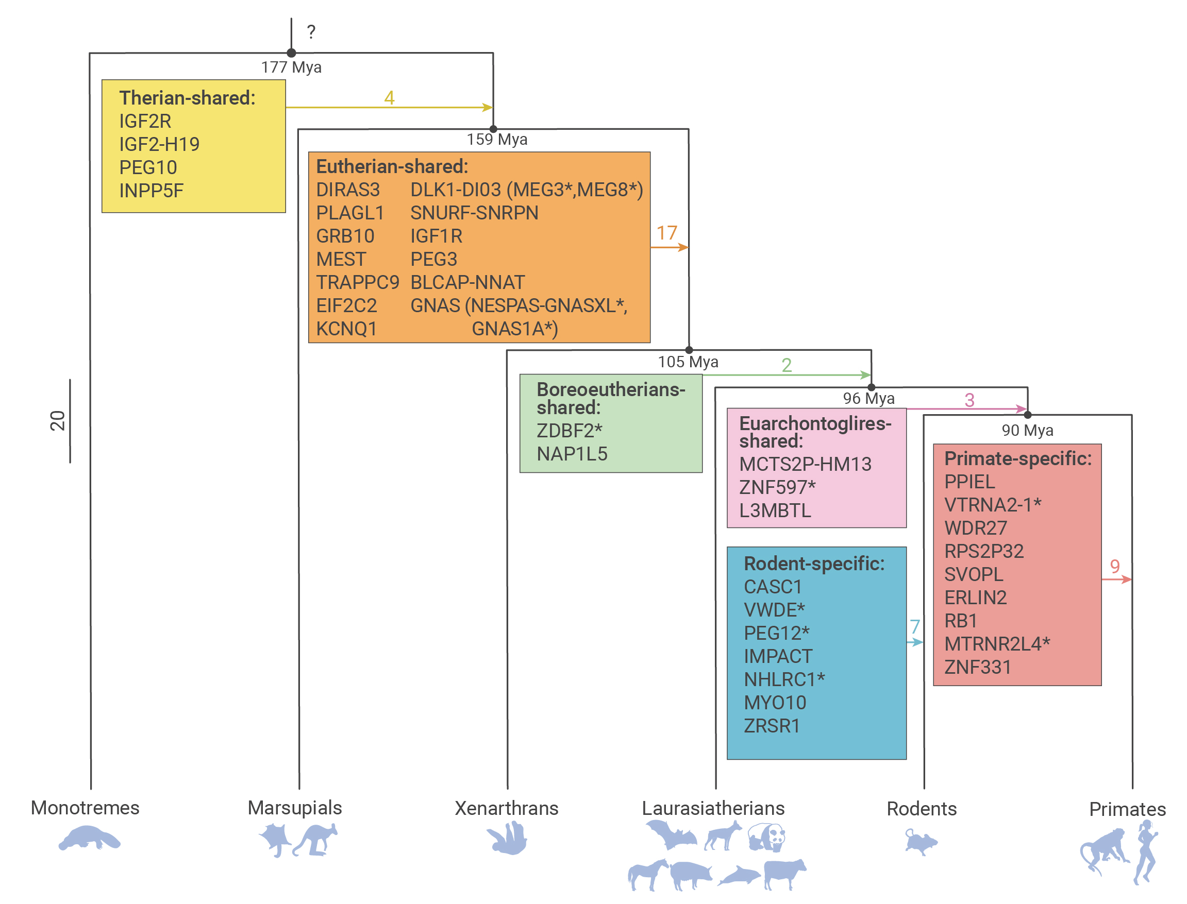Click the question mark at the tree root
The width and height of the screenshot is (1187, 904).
click(311, 32)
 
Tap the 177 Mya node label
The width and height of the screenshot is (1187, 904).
click(291, 67)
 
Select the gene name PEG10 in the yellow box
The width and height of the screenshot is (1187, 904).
click(148, 167)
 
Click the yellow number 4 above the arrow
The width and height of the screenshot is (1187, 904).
click(389, 97)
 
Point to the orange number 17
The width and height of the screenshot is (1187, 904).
click(666, 233)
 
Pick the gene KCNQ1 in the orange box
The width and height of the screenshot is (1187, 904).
click(347, 329)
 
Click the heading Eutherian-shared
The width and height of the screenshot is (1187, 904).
click(392, 166)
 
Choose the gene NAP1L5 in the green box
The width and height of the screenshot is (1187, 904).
click(572, 454)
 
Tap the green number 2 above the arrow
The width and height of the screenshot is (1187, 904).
click(787, 365)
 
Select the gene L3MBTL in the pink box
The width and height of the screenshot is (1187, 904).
click(775, 510)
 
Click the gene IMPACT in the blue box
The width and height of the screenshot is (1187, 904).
click(778, 656)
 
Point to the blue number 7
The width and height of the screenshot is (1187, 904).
click(915, 626)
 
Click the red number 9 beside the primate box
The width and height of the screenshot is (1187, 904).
click(1115, 566)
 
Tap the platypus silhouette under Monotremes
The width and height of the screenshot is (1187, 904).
click(89, 839)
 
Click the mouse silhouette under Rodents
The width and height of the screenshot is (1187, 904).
click(921, 842)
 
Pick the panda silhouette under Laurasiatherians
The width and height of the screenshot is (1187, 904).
click(766, 837)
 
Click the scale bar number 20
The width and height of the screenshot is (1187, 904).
click(58, 421)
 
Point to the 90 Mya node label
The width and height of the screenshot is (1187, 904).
click(1027, 431)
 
